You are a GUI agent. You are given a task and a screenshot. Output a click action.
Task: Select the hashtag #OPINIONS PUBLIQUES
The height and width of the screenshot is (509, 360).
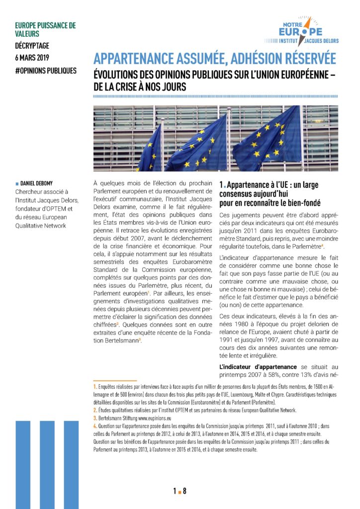tap(46, 70)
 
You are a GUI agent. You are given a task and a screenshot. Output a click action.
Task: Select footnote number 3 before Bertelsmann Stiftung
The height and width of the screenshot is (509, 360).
tap(95, 418)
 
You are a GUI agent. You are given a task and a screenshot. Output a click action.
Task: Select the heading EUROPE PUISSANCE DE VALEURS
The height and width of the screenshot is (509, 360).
tap(45, 29)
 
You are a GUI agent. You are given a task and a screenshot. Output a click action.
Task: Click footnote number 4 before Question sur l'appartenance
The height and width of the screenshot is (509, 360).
tap(95, 426)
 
